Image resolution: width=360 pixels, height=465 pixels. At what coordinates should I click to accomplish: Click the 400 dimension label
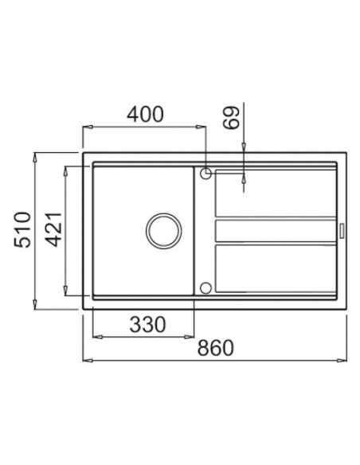point(145,114)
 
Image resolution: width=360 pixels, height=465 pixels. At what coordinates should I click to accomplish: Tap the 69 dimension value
point(232,117)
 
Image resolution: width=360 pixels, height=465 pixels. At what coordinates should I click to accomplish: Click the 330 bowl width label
point(147,324)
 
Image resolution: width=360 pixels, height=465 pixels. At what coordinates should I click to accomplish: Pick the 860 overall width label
point(216,348)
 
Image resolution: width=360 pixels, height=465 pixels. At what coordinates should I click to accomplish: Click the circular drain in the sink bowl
point(164,231)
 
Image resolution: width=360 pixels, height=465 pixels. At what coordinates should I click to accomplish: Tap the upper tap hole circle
point(205,174)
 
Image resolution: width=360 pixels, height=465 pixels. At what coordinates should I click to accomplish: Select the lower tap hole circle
point(205,288)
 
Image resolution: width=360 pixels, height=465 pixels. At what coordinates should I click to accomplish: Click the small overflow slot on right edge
point(342,231)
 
